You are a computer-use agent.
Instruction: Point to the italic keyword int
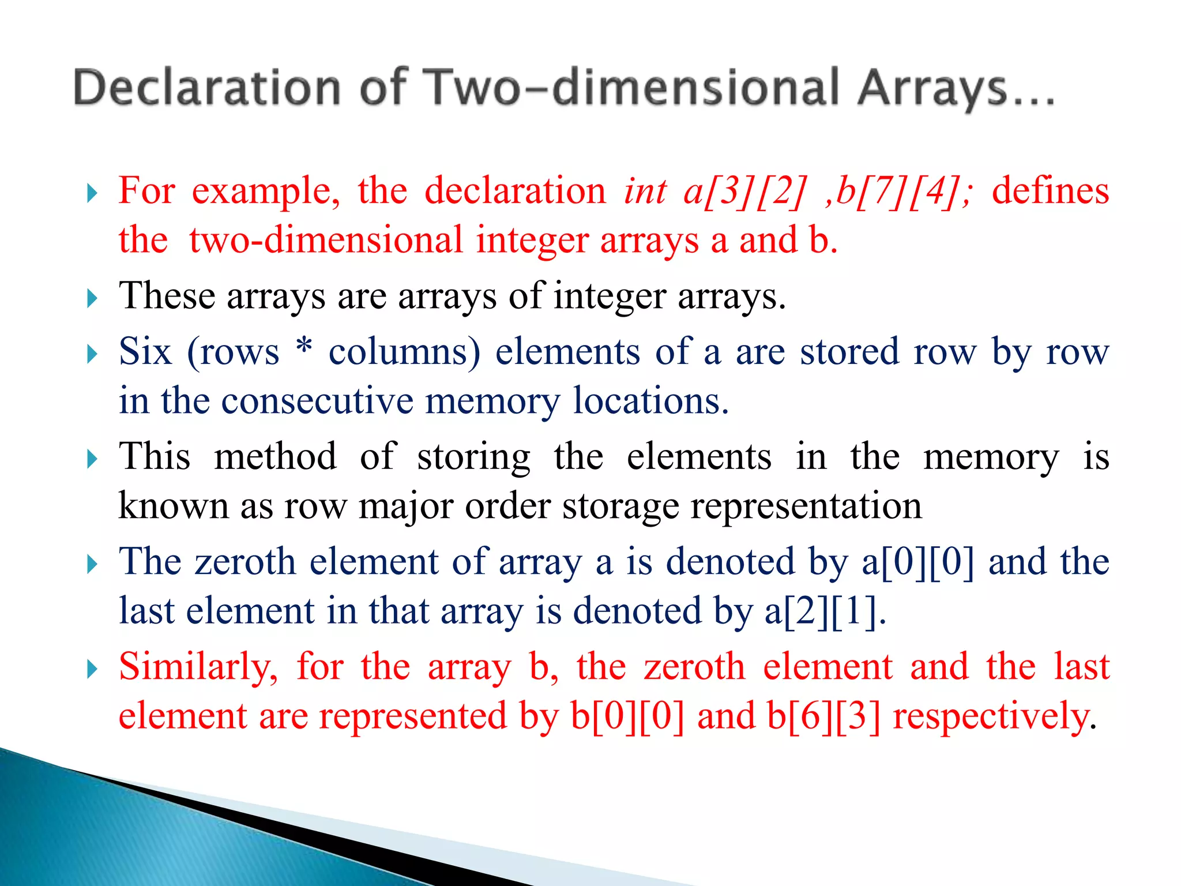(x=645, y=191)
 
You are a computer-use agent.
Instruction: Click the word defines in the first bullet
(x=1050, y=191)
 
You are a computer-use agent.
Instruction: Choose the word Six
(x=145, y=351)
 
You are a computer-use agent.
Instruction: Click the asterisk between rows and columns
(x=304, y=348)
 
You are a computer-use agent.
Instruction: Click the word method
(x=275, y=456)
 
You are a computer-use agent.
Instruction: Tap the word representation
(x=806, y=506)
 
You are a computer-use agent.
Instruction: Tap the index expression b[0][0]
(x=627, y=716)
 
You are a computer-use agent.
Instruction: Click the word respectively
(x=992, y=716)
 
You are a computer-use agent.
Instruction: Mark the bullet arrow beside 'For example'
(x=92, y=193)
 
